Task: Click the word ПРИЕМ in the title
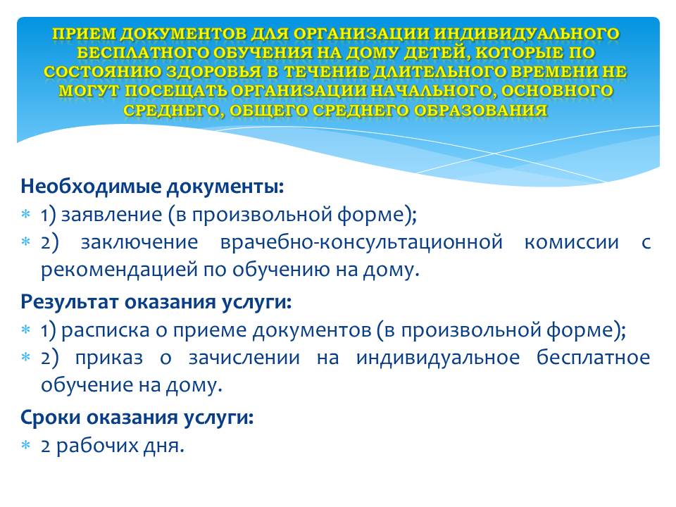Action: (x=84, y=34)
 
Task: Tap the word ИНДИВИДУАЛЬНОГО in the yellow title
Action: (x=527, y=34)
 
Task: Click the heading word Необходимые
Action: (x=91, y=187)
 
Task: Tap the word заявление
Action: (x=112, y=214)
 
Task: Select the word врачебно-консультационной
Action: (x=361, y=242)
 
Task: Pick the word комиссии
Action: (x=572, y=242)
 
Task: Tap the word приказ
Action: (x=109, y=358)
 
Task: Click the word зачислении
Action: (x=244, y=358)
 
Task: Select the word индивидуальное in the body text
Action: (x=438, y=358)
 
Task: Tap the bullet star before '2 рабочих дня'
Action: (x=26, y=445)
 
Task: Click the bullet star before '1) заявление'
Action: (x=26, y=214)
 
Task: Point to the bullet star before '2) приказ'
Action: (x=26, y=358)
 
